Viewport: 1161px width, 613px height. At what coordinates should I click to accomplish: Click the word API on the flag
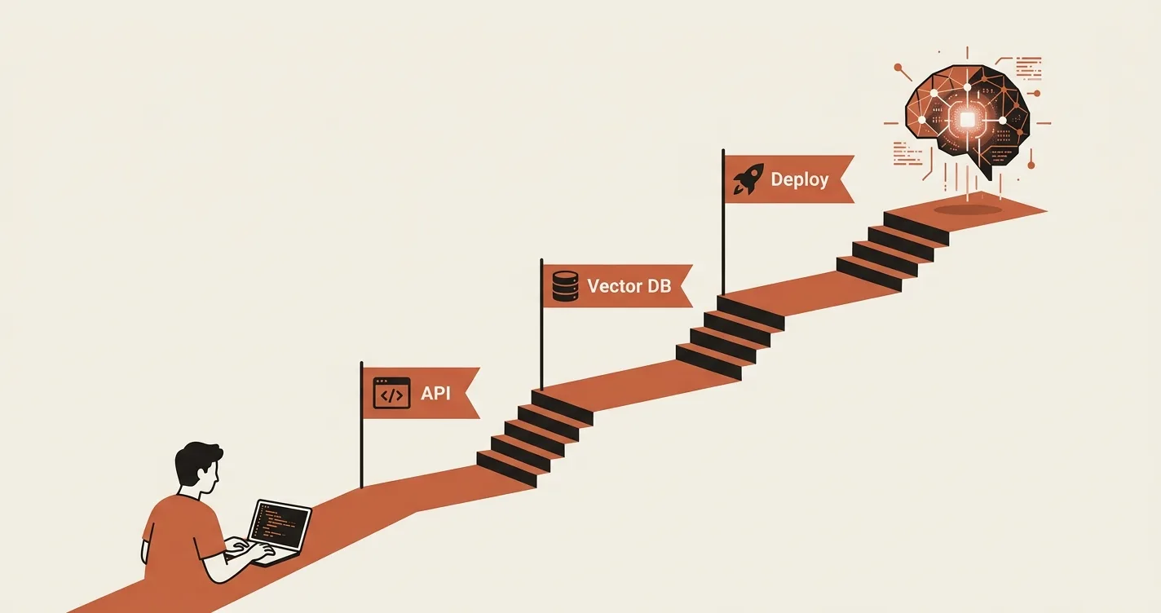[x=435, y=393]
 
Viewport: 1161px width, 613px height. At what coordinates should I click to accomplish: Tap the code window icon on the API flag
[x=392, y=393]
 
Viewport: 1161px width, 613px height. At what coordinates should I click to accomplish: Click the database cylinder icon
[x=565, y=285]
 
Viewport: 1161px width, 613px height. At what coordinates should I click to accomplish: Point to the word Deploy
[x=799, y=179]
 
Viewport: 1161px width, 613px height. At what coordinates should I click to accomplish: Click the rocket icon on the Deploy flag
[x=748, y=179]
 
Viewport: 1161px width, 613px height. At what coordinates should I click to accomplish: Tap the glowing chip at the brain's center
[x=967, y=120]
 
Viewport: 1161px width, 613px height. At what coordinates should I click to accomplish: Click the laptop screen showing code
[x=280, y=525]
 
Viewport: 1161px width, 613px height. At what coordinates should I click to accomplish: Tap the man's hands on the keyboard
[x=251, y=549]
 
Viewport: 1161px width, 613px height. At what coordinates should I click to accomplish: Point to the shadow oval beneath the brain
[x=968, y=209]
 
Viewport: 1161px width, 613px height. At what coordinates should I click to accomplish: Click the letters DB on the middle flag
[x=660, y=285]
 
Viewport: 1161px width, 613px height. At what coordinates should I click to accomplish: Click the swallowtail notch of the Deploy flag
[x=840, y=179]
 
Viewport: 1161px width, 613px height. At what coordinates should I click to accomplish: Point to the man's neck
[x=191, y=492]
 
